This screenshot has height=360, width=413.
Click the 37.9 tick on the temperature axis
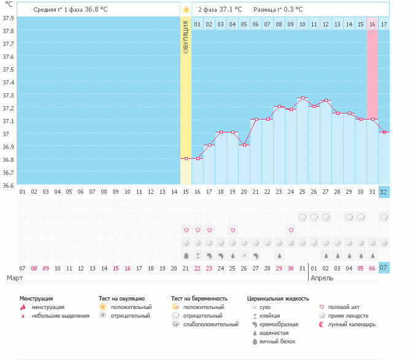click(x=8, y=18)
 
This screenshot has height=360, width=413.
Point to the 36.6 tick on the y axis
click(x=8, y=185)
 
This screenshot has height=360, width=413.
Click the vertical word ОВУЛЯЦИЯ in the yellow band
click(x=186, y=37)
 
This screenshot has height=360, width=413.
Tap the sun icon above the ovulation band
click(x=186, y=10)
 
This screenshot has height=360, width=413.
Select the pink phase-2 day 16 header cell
click(x=372, y=24)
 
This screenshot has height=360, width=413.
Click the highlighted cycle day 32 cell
click(x=384, y=191)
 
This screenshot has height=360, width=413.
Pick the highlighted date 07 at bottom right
click(x=384, y=268)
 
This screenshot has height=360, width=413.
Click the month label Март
click(x=16, y=278)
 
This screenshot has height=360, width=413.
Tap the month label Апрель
click(x=322, y=278)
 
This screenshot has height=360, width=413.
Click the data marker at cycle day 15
click(x=186, y=158)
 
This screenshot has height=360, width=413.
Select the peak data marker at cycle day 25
click(x=303, y=98)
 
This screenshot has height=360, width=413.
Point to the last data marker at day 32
click(x=384, y=132)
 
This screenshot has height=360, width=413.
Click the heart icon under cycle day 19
click(x=233, y=230)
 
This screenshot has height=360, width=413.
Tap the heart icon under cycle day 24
click(x=291, y=230)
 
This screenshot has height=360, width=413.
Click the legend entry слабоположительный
click(x=210, y=324)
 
